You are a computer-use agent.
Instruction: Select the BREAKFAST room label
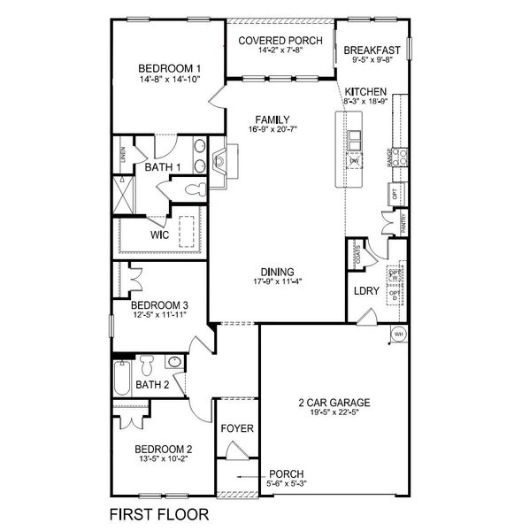click(372, 50)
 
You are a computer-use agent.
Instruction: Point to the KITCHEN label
click(365, 91)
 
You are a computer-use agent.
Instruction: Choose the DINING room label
click(277, 272)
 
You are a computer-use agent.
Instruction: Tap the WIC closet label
click(159, 235)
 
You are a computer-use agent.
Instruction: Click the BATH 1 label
click(163, 166)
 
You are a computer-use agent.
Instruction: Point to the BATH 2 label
click(152, 384)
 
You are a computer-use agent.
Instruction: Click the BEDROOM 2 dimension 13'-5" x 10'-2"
click(159, 461)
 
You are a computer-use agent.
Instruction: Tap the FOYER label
click(237, 428)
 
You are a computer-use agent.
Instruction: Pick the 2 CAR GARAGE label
click(333, 403)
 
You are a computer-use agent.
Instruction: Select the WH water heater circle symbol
click(399, 334)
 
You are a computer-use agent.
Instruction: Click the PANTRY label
click(403, 226)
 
